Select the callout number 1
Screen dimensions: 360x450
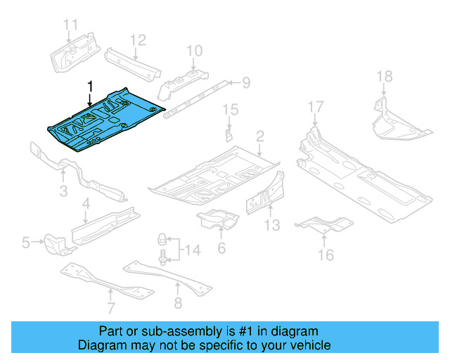pos(89,86)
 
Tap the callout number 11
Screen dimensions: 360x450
pos(70,26)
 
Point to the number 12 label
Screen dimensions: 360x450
pos(137,39)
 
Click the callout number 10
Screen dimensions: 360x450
pos(194,50)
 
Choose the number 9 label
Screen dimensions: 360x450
pos(245,84)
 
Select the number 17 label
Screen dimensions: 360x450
pos(316,107)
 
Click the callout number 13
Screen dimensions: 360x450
pos(272,225)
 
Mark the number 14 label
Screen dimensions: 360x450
pos(193,249)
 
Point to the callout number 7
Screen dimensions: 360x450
pos(110,308)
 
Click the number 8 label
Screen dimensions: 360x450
pos(177,303)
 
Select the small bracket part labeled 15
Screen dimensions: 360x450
pos(229,134)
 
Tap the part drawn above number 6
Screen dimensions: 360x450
pos(219,219)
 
